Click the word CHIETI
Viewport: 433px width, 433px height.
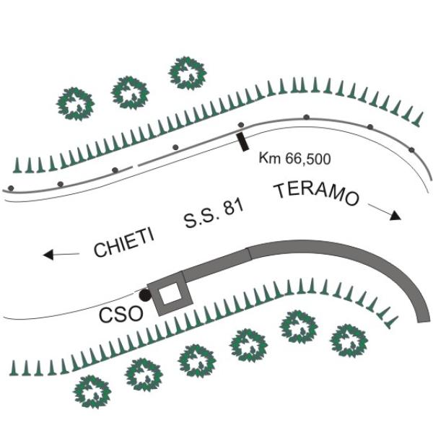click(124, 242)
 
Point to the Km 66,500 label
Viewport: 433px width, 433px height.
click(294, 159)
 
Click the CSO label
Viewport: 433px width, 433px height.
click(121, 315)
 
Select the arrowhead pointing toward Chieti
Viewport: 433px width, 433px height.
click(48, 254)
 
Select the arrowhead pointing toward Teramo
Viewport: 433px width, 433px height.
click(395, 215)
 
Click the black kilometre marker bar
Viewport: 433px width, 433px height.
click(242, 141)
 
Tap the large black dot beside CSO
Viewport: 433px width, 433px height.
click(145, 295)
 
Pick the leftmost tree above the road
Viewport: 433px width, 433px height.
click(75, 104)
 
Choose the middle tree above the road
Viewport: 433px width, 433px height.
click(130, 93)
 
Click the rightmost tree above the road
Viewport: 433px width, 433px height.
click(188, 74)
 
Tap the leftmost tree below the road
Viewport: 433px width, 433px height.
click(92, 392)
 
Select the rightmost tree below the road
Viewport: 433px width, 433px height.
click(349, 341)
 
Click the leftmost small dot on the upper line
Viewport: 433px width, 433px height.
click(11, 188)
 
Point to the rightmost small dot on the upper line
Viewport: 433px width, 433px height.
click(412, 150)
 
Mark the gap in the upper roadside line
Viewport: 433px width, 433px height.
click(135, 166)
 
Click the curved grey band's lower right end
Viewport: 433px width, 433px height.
click(424, 321)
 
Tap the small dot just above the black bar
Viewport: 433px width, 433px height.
click(241, 125)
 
